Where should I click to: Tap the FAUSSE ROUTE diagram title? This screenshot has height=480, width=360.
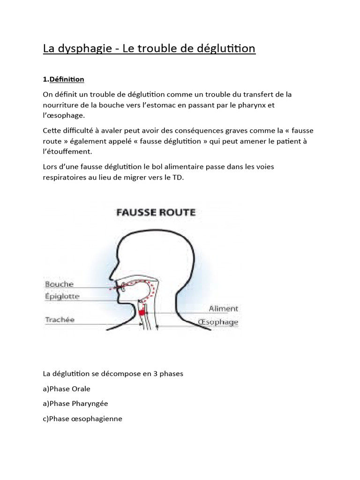point(155,212)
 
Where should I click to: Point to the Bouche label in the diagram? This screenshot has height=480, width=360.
point(60,284)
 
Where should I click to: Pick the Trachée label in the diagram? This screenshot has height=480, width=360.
point(60,320)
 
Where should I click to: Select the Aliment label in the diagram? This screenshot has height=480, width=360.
point(223,308)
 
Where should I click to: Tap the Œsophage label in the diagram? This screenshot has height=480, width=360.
point(218,322)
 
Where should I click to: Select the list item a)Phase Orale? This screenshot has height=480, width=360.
point(67,389)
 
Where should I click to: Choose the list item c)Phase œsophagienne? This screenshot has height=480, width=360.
point(82,419)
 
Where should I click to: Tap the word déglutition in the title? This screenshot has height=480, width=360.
point(226,49)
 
